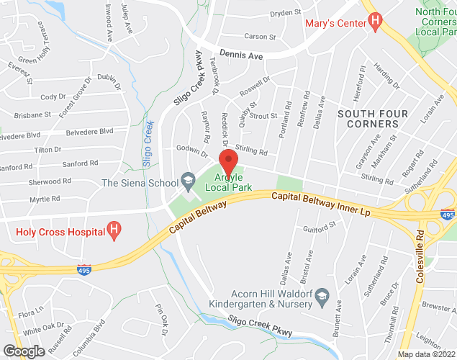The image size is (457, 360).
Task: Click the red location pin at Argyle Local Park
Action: click(229, 161)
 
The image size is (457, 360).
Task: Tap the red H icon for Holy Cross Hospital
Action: click(113, 230)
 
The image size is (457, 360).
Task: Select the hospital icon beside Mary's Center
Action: click(374, 23)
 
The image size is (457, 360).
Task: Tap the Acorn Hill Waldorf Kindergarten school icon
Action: click(322, 294)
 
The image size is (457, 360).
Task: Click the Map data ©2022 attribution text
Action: click(426, 354)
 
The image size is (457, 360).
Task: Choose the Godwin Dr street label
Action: click(191, 153)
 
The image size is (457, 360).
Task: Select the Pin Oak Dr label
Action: click(161, 320)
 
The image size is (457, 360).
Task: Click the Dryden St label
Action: click(285, 13)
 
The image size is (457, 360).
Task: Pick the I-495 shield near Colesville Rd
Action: click(448, 215)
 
